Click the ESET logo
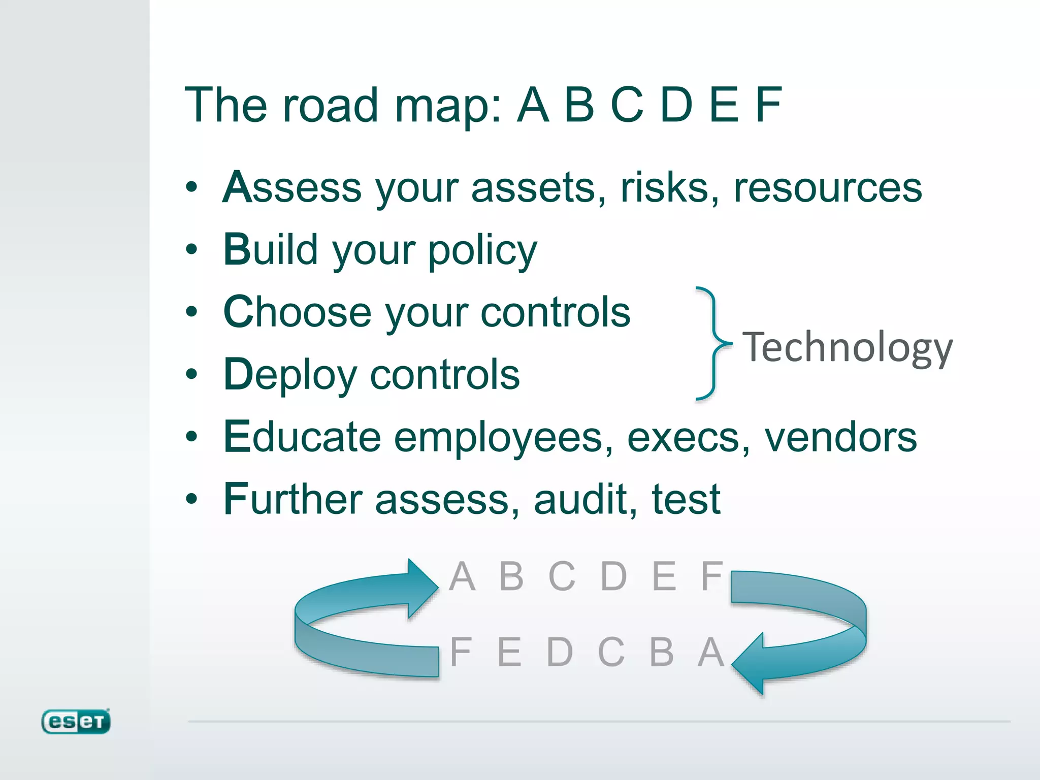[x=76, y=721]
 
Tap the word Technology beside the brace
[x=847, y=348]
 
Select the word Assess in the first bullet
[x=291, y=187]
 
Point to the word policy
[x=482, y=251]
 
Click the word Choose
[x=297, y=312]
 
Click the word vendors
[x=840, y=438]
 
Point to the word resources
[x=828, y=188]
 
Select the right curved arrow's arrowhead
[x=749, y=663]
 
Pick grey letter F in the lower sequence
[x=461, y=652]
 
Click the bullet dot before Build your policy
[x=191, y=249]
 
